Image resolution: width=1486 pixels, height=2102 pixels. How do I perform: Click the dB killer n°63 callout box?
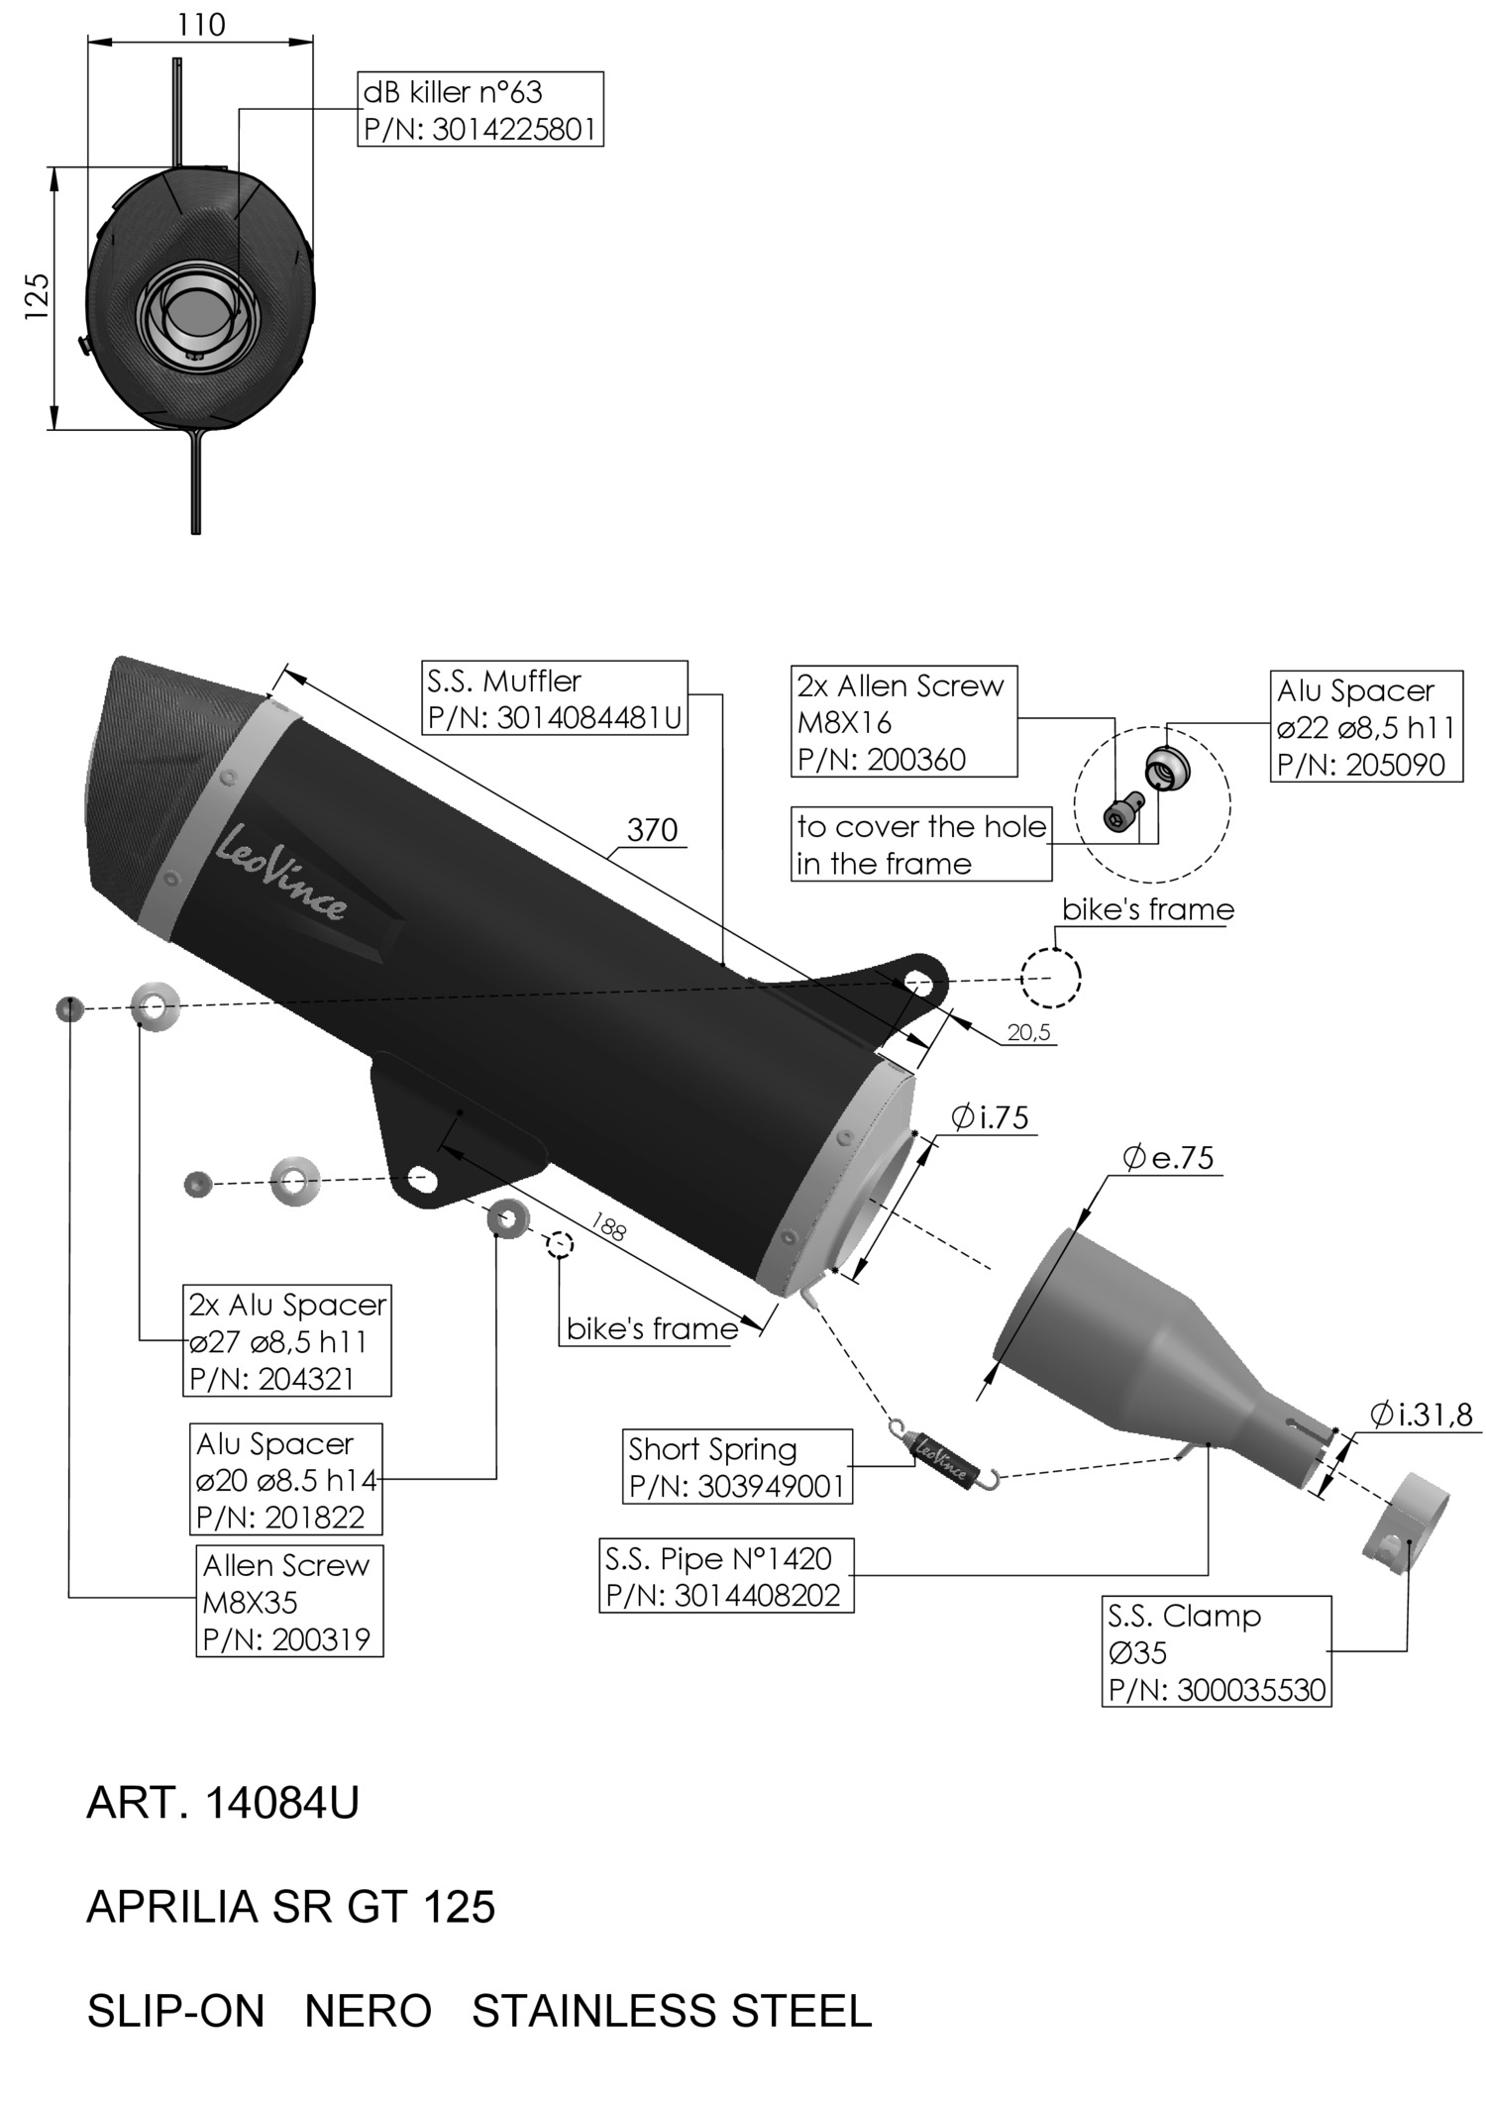[479, 110]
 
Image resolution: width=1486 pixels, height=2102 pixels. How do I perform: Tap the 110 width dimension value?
[201, 25]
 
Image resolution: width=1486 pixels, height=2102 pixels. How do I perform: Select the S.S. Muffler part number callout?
[555, 698]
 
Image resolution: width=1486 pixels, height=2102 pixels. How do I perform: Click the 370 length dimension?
[652, 829]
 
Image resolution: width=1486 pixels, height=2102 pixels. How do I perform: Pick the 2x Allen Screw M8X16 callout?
[903, 721]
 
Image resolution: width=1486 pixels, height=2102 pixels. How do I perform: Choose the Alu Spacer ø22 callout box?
[1365, 727]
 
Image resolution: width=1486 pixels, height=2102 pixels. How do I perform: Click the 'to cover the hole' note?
[920, 844]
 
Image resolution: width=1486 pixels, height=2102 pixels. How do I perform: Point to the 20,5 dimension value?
[1028, 1032]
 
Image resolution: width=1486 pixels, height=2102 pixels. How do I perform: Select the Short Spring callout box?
[736, 1467]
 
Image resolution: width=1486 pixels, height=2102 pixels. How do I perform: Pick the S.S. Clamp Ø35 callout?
[1217, 1651]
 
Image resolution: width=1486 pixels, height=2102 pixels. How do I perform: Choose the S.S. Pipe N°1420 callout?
[725, 1576]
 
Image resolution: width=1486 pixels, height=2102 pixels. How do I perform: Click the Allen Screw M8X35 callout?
[289, 1602]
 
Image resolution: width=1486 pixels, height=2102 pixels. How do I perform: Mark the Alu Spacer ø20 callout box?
[285, 1480]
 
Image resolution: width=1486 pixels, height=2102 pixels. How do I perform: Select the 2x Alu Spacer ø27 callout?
[286, 1341]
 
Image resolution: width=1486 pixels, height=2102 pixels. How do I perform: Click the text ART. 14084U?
[223, 1804]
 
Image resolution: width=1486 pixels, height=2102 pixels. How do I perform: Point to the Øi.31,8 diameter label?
[1422, 1415]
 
